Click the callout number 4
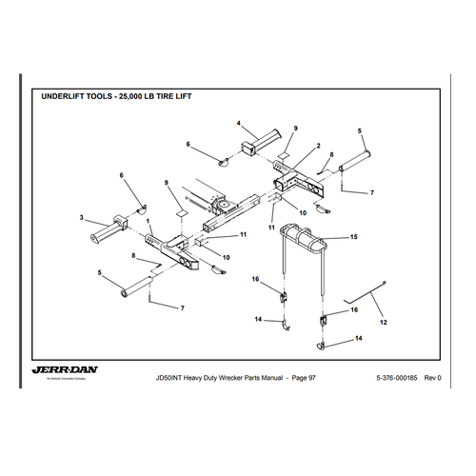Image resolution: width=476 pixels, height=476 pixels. click(240, 123)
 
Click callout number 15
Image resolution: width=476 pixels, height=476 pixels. click(353, 235)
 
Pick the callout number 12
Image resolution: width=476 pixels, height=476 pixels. click(384, 324)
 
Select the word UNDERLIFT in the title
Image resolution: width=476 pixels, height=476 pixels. click(72, 96)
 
